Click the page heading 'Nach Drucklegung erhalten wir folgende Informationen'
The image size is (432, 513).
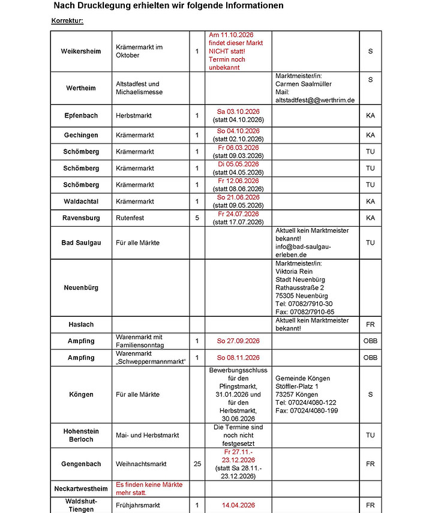tap(169, 6)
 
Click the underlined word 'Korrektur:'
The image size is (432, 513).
tap(67, 21)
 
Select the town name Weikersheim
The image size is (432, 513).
tap(80, 51)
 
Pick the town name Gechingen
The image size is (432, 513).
tap(80, 135)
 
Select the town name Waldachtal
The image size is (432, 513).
tap(80, 202)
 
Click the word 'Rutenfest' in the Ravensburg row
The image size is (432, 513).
tap(130, 218)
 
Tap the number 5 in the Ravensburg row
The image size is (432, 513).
tap(197, 218)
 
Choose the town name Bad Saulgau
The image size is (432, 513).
tap(80, 242)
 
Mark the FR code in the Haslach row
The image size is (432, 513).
tap(370, 325)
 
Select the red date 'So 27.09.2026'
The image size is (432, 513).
tap(238, 341)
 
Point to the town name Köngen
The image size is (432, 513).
tap(80, 395)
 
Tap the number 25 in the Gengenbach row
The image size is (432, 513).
tap(197, 464)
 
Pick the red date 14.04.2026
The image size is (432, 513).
tap(238, 505)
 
